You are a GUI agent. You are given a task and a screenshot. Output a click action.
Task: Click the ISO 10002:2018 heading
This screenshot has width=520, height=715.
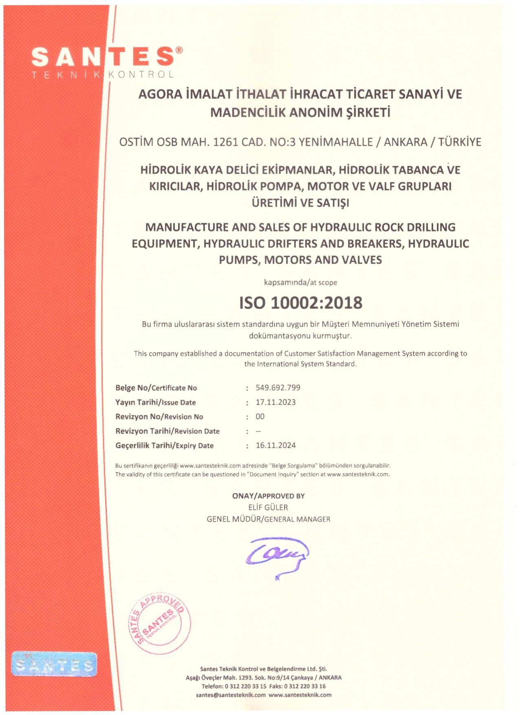[301, 303]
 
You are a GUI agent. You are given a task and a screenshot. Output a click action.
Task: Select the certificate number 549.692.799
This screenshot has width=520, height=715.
[278, 387]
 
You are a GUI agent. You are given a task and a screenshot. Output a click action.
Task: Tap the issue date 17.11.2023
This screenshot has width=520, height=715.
[275, 402]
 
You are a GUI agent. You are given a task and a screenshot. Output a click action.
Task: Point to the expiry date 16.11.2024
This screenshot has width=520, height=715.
[275, 445]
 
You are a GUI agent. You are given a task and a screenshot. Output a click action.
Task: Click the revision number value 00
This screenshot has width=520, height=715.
[260, 416]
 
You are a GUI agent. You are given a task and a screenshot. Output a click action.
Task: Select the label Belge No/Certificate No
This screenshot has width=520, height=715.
[156, 388]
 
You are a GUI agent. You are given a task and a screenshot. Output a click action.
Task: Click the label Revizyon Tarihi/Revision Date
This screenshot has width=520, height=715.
[167, 431]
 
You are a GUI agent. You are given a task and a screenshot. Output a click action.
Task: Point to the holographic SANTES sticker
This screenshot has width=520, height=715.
[54, 664]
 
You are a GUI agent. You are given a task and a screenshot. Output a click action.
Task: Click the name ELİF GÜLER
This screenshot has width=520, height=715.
[268, 507]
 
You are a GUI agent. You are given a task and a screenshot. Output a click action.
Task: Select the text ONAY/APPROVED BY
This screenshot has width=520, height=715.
[268, 496]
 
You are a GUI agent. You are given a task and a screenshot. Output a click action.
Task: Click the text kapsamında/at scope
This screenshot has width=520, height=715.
[300, 282]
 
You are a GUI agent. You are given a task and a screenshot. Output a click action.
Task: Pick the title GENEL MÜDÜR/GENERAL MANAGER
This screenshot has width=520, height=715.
[268, 519]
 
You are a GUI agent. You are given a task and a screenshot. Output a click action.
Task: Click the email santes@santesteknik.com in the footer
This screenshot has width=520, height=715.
[231, 695]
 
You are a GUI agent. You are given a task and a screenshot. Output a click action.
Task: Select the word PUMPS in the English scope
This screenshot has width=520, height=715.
[239, 260]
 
